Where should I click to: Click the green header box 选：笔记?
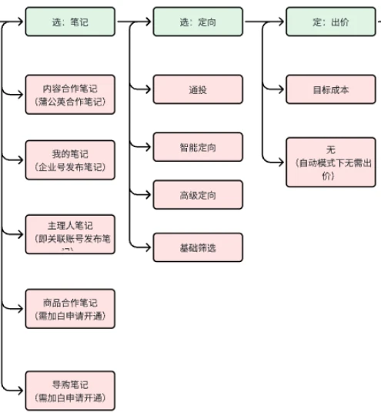click(x=70, y=22)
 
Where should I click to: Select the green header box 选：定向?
click(x=198, y=22)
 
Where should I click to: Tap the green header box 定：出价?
click(x=331, y=22)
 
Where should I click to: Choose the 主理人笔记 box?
click(x=70, y=233)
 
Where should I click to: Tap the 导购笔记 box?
click(x=70, y=391)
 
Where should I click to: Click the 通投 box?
click(x=198, y=89)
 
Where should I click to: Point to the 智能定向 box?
click(x=198, y=147)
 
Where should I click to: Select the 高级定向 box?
click(x=198, y=195)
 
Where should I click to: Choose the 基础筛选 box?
click(x=198, y=247)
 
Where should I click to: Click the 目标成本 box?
click(x=331, y=89)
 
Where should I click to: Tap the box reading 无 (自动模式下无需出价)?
click(x=331, y=162)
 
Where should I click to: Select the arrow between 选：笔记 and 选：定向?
click(x=134, y=22)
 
